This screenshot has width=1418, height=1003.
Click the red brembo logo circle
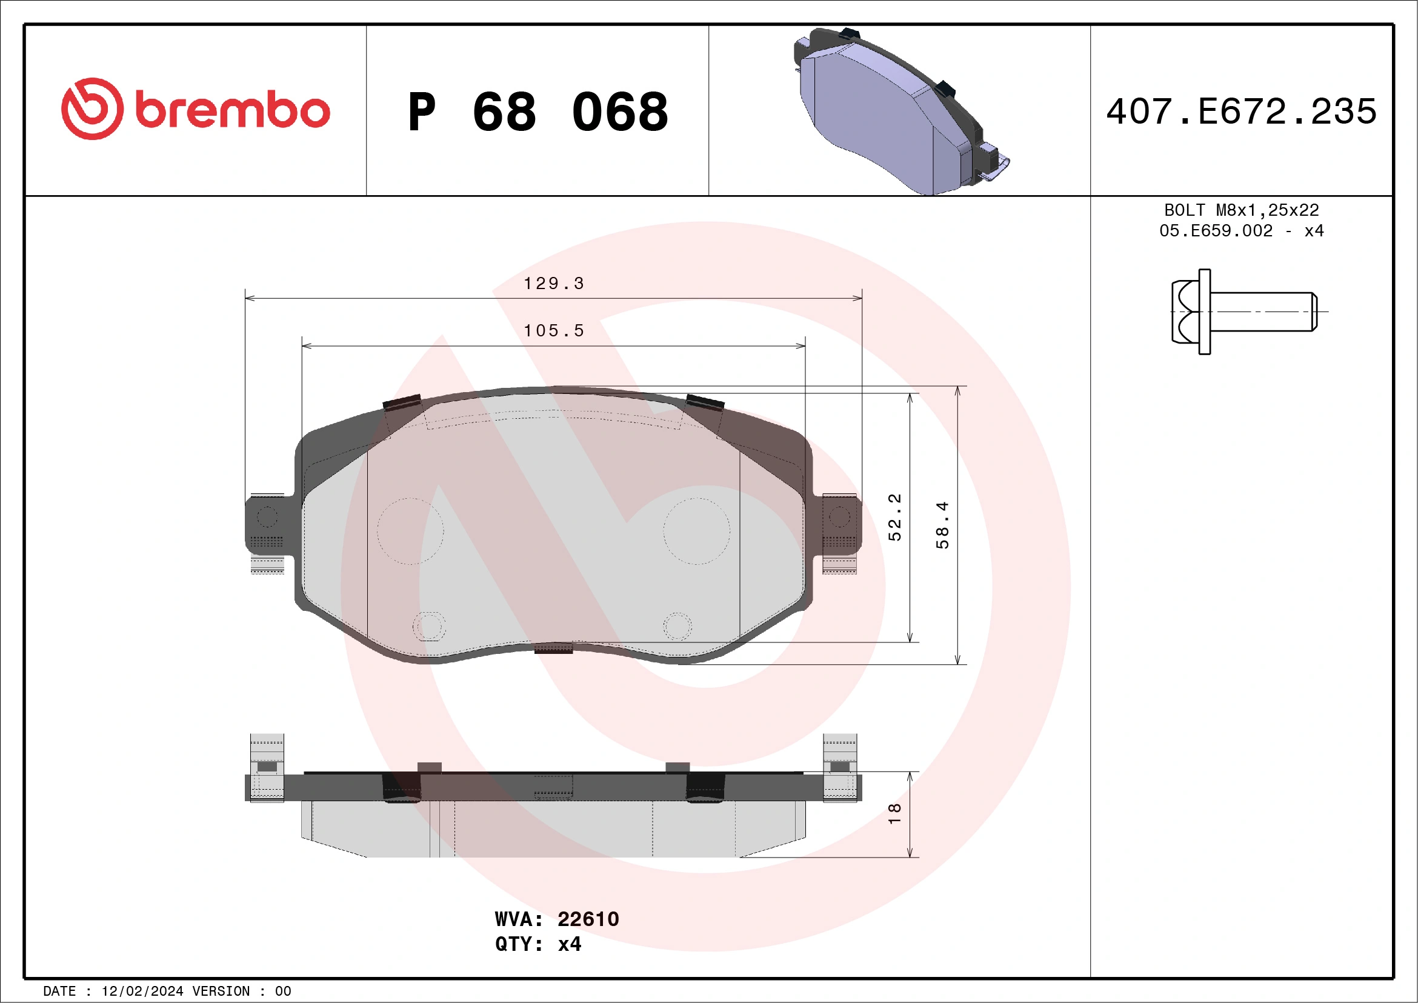point(92,108)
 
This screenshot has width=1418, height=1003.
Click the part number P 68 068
point(538,112)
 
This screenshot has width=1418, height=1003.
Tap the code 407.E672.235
point(1242,112)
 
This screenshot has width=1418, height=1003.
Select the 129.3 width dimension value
point(553,284)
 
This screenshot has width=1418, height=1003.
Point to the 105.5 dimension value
point(553,331)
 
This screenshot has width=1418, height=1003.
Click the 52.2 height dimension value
point(895,517)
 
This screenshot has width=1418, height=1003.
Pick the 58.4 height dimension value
point(942,525)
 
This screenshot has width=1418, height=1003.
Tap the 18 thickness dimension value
point(895,813)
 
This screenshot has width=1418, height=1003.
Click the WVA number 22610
point(588,919)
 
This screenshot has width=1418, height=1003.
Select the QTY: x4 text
point(538,944)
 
